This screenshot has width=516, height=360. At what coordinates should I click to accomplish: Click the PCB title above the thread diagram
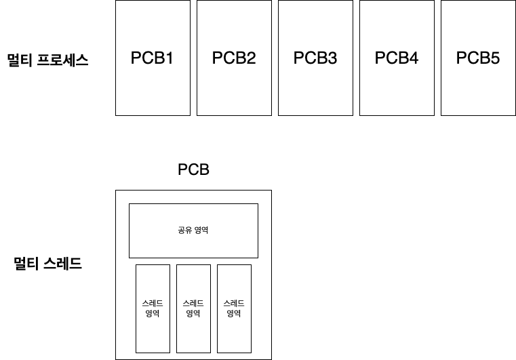(193, 169)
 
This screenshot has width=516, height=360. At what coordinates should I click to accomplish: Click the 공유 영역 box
(193, 217)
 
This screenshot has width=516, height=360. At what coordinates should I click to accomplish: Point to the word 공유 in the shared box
(184, 231)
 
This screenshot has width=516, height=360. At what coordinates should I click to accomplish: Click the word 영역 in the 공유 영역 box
(201, 231)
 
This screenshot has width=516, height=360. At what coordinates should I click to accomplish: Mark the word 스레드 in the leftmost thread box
(153, 304)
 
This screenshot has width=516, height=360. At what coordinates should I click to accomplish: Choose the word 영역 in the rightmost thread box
(234, 313)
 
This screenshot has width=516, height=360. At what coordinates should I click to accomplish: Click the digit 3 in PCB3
(332, 58)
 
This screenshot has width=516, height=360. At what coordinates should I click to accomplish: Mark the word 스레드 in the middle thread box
(193, 304)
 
